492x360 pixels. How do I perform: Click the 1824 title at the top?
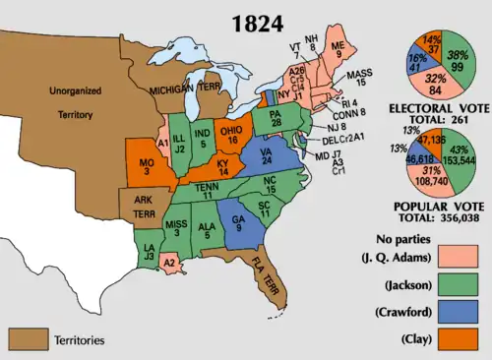pyautogui.click(x=246, y=22)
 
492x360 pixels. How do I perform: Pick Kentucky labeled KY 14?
pyautogui.click(x=206, y=168)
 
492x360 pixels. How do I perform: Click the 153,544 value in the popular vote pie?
pyautogui.click(x=461, y=157)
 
